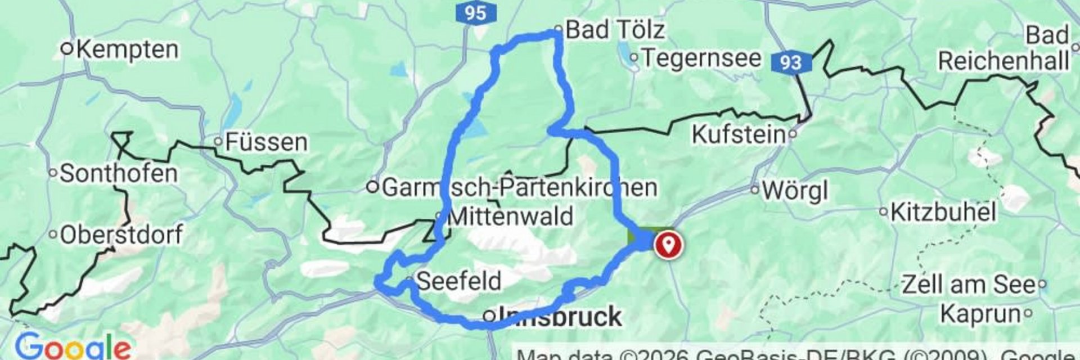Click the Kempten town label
click(x=127, y=49)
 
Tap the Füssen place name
click(x=266, y=142)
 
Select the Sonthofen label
click(x=118, y=173)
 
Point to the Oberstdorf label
click(x=121, y=235)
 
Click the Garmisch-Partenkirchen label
click(x=519, y=187)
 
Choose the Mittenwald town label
click(x=510, y=217)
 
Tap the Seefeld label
click(x=458, y=280)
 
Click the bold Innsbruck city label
click(x=560, y=317)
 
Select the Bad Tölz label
click(x=615, y=29)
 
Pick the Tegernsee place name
click(x=701, y=58)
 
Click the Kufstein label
click(x=739, y=134)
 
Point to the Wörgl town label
click(x=794, y=191)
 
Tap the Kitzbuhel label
click(x=943, y=213)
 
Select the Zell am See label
click(x=968, y=285)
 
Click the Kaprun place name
click(x=980, y=313)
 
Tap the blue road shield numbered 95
click(x=476, y=12)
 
